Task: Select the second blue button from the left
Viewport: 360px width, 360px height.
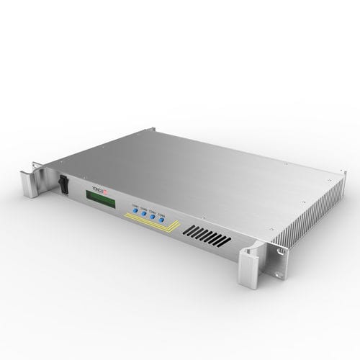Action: tap(143, 214)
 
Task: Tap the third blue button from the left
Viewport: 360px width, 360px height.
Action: tap(153, 217)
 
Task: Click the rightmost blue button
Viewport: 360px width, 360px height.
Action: tap(162, 220)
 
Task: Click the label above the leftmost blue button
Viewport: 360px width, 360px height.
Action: tap(134, 204)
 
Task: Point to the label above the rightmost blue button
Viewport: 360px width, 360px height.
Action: tap(162, 212)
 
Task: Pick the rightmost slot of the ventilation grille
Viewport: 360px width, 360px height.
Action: tap(228, 242)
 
